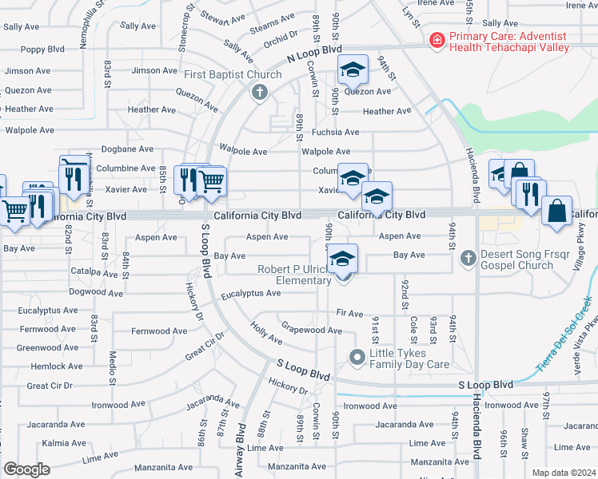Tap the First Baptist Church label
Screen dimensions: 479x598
click(233, 75)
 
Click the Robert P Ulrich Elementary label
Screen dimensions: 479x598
click(293, 275)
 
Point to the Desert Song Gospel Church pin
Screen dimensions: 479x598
click(468, 257)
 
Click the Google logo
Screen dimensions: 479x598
click(26, 469)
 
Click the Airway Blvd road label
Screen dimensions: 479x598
click(240, 451)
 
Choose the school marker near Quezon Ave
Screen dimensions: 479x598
click(352, 70)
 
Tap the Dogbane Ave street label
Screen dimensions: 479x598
click(125, 148)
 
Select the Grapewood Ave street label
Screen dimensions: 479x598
click(312, 330)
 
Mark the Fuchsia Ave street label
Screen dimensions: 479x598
click(335, 132)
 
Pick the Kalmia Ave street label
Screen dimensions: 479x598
click(42, 442)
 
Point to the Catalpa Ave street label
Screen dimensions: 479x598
click(94, 271)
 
